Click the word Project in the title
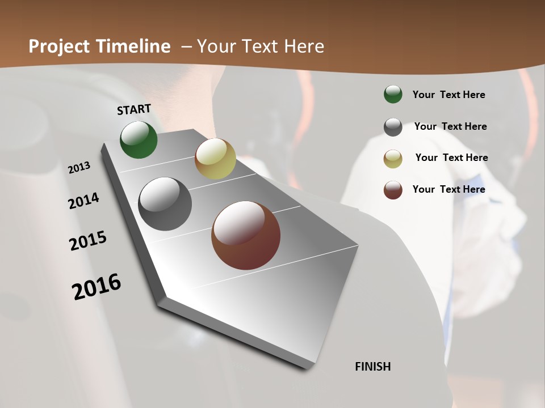click(58, 46)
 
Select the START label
click(134, 109)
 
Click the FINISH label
click(373, 367)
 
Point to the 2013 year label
click(79, 168)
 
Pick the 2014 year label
click(83, 201)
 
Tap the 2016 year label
click(97, 286)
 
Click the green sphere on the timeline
click(139, 139)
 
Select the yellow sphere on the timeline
click(215, 159)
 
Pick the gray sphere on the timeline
click(165, 204)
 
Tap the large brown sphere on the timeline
click(246, 235)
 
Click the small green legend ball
click(393, 94)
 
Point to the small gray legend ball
click(393, 127)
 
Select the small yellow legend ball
click(393, 159)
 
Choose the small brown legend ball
click(393, 190)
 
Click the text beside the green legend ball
click(448, 95)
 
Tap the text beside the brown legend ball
click(448, 189)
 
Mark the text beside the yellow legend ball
click(451, 158)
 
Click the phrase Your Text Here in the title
click(261, 46)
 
